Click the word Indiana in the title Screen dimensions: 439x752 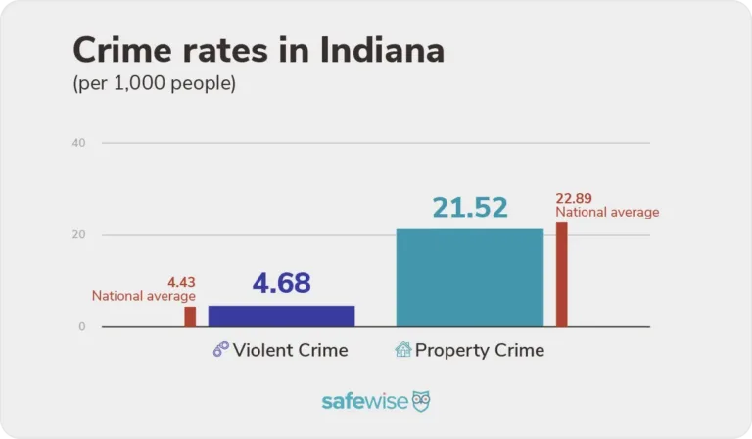pos(376,49)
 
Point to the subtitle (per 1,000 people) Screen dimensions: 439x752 pos(154,83)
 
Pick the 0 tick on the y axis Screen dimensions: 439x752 pos(81,326)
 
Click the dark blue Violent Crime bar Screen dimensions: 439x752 pos(281,316)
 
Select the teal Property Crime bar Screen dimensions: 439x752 pos(469,277)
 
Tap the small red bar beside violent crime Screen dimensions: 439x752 pos(190,317)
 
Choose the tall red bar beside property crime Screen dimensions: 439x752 pos(561,274)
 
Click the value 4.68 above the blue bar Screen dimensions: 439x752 pos(281,283)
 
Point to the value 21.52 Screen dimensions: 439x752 pos(470,208)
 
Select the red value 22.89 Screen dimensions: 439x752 pos(574,198)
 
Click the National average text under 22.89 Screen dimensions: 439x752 pos(607,212)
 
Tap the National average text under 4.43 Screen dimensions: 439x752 pos(144,296)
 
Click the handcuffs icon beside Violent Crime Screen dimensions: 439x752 pos(220,350)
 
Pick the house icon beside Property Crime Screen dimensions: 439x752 pos(402,350)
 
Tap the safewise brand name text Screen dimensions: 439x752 pos(364,402)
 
